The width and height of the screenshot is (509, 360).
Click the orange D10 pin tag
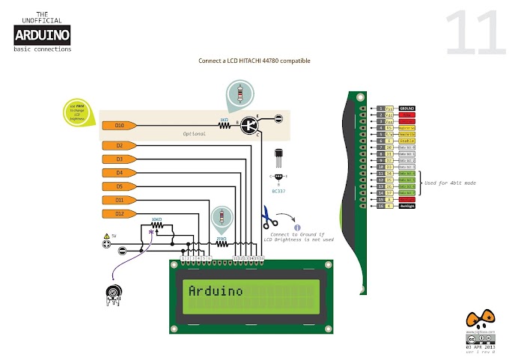coord(118,126)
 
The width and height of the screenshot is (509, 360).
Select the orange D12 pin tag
coord(118,214)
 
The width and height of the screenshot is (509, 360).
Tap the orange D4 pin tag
coord(118,173)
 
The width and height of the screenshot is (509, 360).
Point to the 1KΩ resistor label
coord(224,119)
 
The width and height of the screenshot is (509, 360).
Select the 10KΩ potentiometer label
coord(157,220)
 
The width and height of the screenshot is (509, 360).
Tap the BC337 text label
coord(278,190)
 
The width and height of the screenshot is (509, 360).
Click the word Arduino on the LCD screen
coord(216,290)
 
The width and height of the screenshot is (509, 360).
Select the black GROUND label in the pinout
coord(407,109)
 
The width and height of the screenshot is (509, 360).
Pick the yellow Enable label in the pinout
coord(406,140)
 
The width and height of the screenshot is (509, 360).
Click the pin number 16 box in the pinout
coord(380,206)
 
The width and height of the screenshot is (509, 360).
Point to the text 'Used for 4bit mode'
coord(450,183)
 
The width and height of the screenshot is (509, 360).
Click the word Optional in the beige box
coord(194,134)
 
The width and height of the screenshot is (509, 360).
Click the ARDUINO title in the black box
coord(43,34)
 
